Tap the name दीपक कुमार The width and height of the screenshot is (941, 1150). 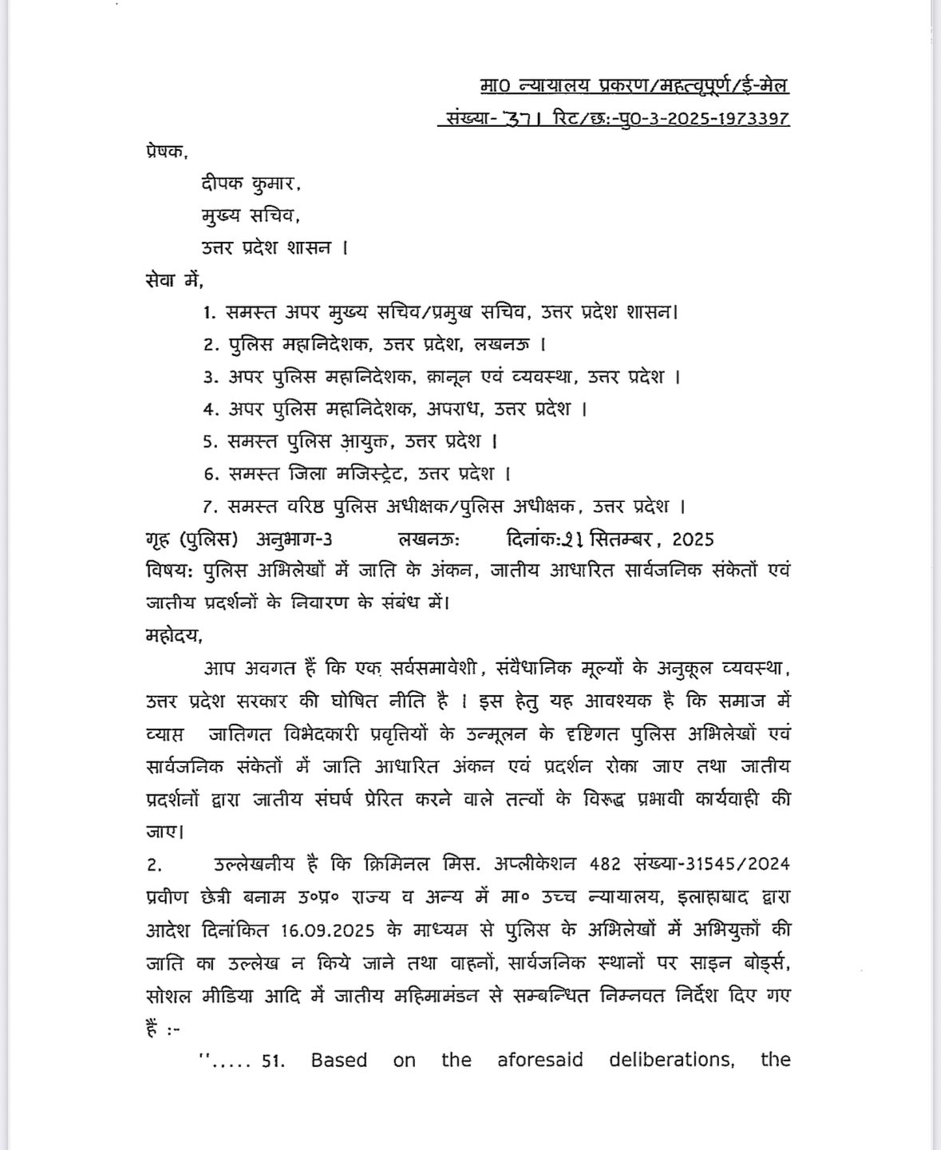(251, 184)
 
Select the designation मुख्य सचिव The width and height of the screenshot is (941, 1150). (251, 215)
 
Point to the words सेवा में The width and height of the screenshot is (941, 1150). (175, 280)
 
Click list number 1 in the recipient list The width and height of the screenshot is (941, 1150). (210, 313)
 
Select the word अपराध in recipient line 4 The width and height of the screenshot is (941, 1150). (454, 409)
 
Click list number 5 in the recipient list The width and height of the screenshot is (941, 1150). (210, 442)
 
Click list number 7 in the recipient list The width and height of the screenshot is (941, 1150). (210, 507)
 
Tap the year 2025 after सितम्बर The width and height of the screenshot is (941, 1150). (693, 539)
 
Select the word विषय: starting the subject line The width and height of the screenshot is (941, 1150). (171, 571)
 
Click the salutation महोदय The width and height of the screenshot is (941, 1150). (174, 636)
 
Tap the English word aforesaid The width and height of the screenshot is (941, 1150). (540, 1060)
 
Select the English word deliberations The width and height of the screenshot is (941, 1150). (671, 1060)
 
